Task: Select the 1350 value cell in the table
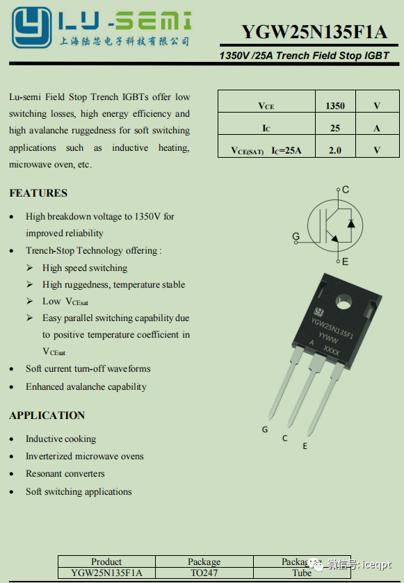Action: (x=335, y=106)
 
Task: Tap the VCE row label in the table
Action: (x=266, y=106)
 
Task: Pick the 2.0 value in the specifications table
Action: (x=335, y=149)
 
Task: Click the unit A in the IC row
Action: (x=377, y=128)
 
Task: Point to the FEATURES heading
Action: (x=38, y=192)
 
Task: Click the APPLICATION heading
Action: (x=47, y=416)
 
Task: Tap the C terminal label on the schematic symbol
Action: (x=346, y=190)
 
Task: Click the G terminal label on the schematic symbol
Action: (x=296, y=237)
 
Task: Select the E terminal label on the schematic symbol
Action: (x=345, y=262)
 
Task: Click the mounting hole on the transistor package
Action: (x=344, y=302)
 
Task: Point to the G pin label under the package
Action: (x=265, y=429)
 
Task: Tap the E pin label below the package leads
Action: (x=305, y=445)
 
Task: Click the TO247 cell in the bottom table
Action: (x=204, y=573)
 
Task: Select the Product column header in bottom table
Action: (x=106, y=561)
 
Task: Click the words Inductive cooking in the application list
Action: (x=61, y=439)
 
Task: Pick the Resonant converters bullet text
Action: (x=65, y=474)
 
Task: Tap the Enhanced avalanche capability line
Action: (x=86, y=387)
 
